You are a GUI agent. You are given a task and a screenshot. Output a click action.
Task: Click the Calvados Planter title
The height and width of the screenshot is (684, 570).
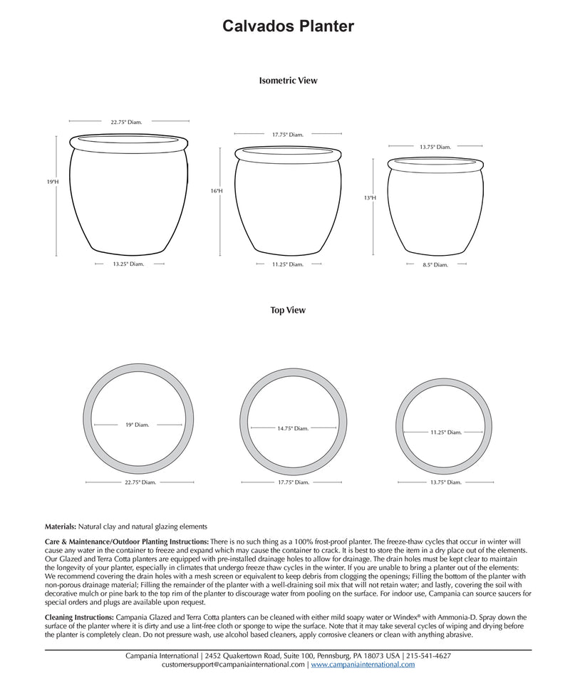(x=288, y=26)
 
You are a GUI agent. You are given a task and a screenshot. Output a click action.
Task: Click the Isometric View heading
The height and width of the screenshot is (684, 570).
(x=288, y=81)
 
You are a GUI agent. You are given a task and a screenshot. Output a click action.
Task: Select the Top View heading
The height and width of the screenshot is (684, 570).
(x=288, y=311)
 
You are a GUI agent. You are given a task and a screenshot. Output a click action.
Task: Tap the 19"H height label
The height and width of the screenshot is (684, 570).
(x=52, y=182)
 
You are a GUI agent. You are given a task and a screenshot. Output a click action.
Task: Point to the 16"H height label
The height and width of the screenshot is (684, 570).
(x=217, y=191)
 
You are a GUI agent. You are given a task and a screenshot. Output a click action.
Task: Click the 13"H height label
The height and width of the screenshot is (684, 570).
(x=369, y=198)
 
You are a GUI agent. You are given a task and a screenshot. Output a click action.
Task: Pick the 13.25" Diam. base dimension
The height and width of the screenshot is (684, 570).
(x=128, y=264)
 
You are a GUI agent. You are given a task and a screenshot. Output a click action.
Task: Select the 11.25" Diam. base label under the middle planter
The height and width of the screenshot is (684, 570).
(x=287, y=264)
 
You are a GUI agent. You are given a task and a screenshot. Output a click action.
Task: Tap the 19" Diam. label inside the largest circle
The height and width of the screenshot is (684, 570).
(x=138, y=425)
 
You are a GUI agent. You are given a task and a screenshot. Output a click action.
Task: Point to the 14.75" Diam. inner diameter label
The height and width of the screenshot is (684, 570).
(x=293, y=428)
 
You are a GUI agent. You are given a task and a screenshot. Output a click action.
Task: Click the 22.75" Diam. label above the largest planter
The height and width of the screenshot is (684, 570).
(x=126, y=123)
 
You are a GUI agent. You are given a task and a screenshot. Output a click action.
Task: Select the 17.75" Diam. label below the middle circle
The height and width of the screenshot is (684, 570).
(x=293, y=482)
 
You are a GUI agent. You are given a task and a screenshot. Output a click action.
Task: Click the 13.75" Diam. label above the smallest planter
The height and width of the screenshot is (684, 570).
(x=435, y=147)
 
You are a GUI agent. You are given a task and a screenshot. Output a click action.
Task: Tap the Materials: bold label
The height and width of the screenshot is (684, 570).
(x=60, y=527)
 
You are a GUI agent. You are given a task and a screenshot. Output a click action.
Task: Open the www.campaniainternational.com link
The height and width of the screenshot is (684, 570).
(x=363, y=665)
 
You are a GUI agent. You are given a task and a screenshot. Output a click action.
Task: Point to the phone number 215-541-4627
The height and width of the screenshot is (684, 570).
(x=427, y=655)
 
